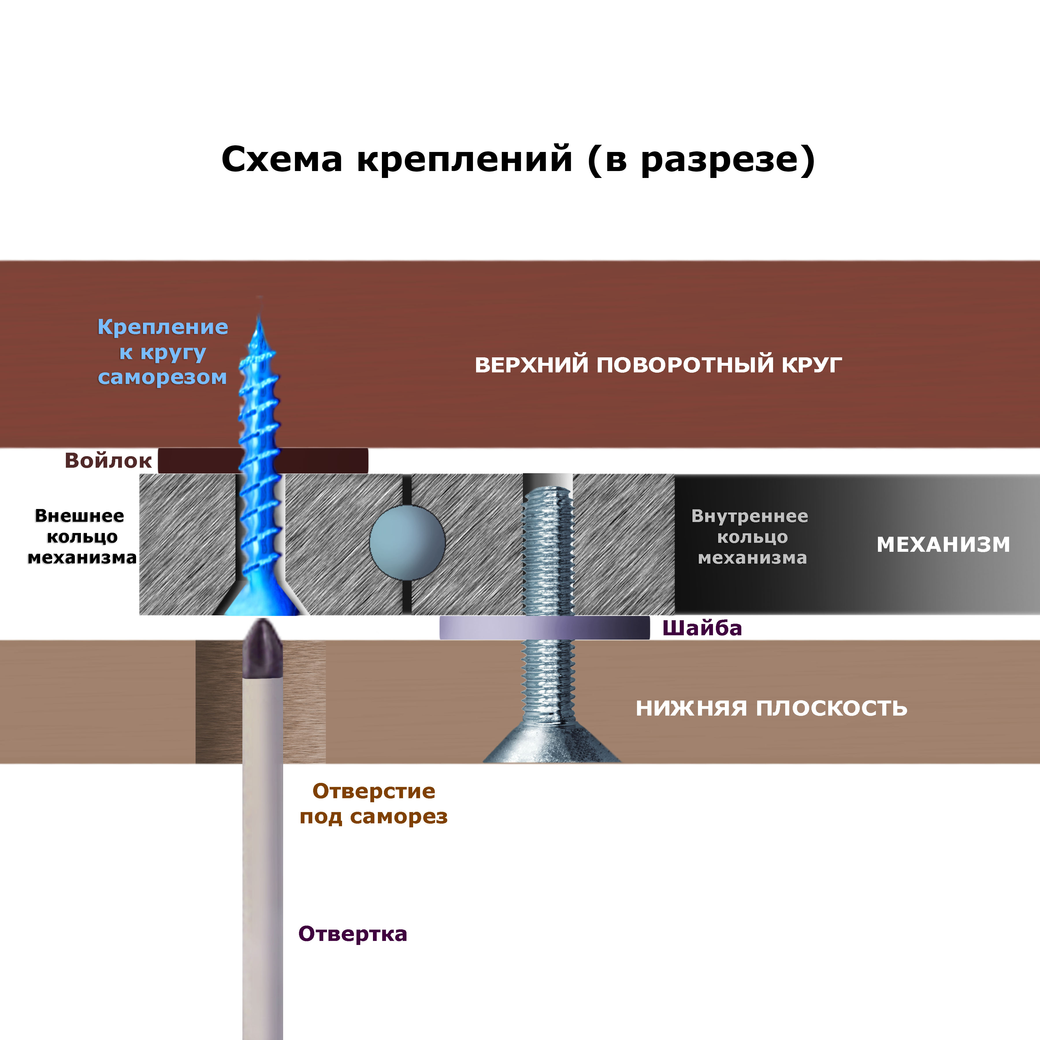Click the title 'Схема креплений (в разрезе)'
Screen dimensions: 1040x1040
518,159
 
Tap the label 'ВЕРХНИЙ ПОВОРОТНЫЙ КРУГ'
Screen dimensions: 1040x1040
658,365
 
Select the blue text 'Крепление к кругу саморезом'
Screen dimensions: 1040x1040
163,352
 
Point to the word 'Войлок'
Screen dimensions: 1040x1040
108,461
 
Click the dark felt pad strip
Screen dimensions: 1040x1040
323,461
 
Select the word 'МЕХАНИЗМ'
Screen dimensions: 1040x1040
943,545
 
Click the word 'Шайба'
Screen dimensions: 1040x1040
702,628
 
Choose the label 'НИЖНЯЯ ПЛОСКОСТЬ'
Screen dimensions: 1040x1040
771,708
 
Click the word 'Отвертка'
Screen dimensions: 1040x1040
352,934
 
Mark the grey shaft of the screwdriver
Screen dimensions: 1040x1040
263,861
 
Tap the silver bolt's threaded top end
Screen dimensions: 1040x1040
548,501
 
